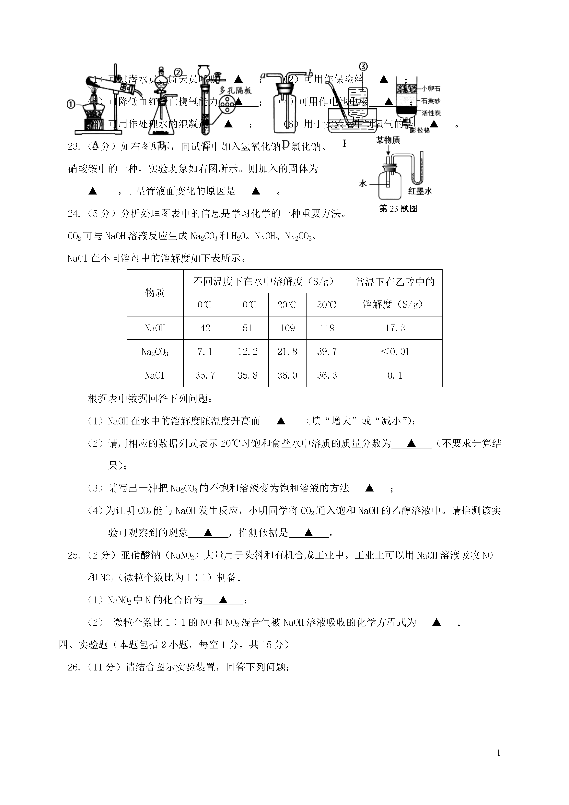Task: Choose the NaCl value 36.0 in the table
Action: coord(287,375)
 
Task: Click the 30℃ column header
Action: coord(327,305)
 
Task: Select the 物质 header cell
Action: coord(155,293)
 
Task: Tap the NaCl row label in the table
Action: coord(155,375)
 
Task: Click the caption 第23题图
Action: coord(398,209)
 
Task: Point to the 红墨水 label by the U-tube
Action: coord(420,191)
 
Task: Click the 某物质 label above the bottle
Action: coord(388,140)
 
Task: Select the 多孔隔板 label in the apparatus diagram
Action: coord(236,90)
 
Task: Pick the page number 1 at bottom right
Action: coord(499,762)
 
